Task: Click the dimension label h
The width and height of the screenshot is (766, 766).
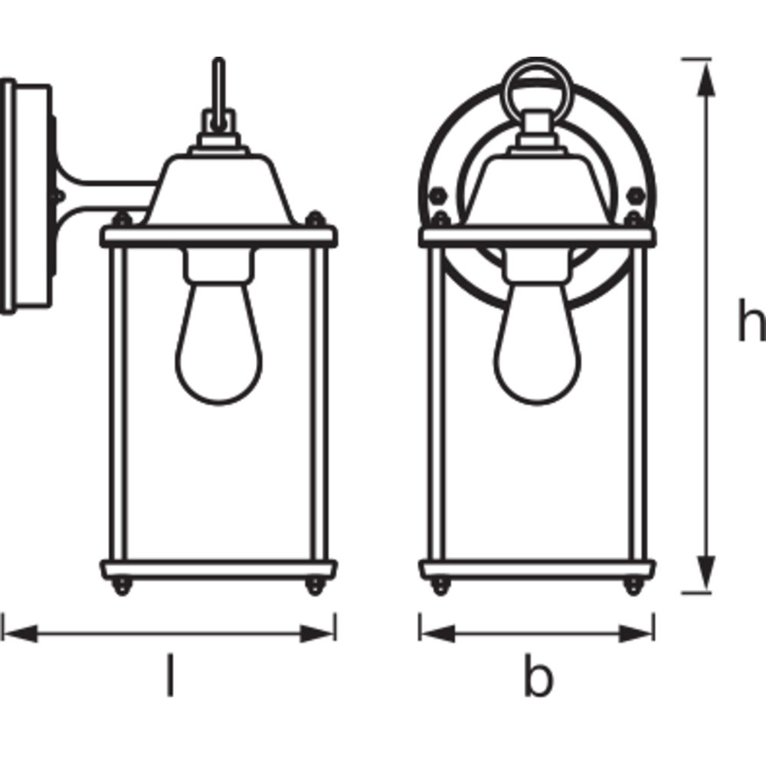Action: [x=751, y=320]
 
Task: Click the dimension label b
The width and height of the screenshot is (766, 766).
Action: [x=538, y=676]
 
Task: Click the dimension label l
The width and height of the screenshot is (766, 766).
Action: [x=170, y=675]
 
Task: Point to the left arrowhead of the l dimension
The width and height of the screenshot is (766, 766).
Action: [x=20, y=633]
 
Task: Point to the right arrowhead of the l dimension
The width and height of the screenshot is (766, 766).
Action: [x=318, y=633]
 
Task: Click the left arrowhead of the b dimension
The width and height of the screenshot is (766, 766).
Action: [x=437, y=633]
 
